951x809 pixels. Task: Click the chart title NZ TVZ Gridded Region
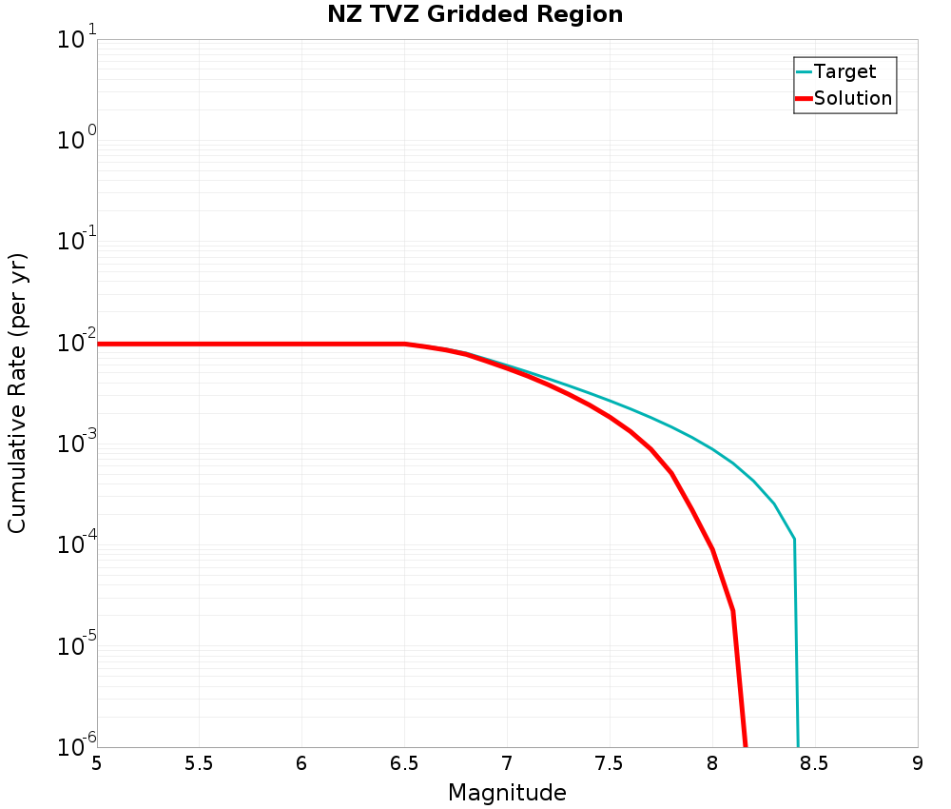pos(475,15)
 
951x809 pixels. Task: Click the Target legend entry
pos(844,71)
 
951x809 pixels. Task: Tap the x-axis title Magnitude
pos(507,793)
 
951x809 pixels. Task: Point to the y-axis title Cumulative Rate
pos(17,393)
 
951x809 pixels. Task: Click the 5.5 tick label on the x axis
pos(200,763)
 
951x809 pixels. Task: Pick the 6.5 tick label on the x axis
pos(404,763)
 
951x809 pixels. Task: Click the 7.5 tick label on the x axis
pos(610,763)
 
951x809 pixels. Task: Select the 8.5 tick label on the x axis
pos(815,763)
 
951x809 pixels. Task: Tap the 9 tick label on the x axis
pos(918,763)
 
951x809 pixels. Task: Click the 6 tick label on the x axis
pos(302,763)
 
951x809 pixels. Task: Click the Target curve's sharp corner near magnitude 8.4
pos(794,540)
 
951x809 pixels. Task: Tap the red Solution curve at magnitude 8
pos(712,550)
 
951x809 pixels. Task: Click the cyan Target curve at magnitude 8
pos(712,449)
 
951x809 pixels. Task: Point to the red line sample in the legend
pos(804,98)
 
